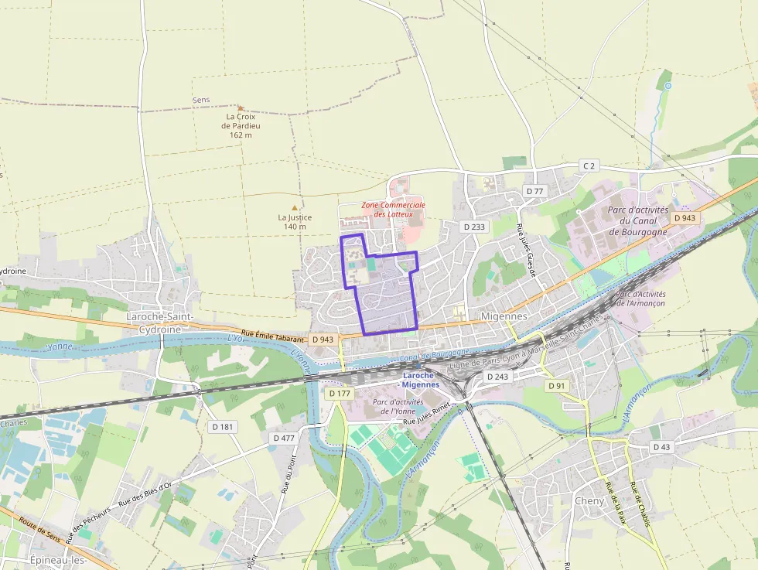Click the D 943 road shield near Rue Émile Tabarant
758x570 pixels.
pos(323,340)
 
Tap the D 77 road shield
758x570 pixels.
pos(534,190)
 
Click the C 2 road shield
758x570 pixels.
pos(589,166)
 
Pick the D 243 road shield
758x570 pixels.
pos(497,376)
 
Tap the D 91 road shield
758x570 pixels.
pos(556,385)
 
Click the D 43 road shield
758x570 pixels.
pos(661,446)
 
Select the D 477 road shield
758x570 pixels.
pos(284,438)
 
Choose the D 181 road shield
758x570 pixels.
pos(222,426)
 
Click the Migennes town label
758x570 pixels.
pos(504,316)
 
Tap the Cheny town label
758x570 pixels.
pos(589,500)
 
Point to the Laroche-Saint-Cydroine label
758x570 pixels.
pos(154,323)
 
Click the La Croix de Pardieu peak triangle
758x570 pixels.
pos(241,108)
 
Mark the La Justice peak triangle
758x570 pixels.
pos(294,207)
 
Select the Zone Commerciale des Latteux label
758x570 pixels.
pos(393,209)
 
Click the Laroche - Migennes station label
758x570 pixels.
pos(421,380)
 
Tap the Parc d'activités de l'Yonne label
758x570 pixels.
pos(398,407)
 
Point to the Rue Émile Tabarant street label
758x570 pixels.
pos(275,335)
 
